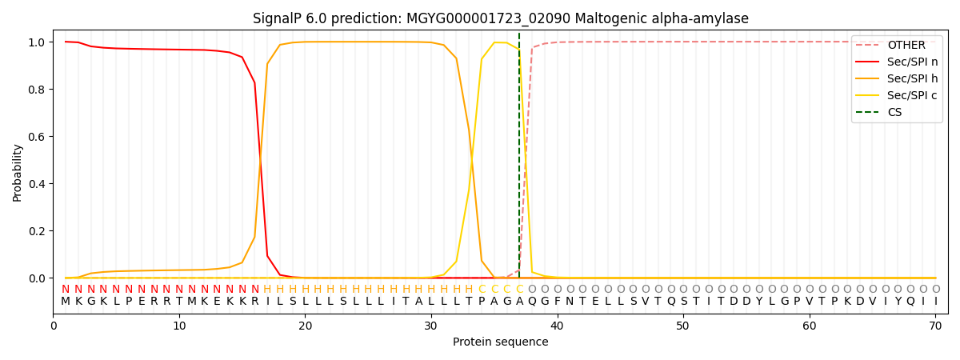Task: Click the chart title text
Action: coord(500,18)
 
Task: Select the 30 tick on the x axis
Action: coord(431,326)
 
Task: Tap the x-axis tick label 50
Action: coord(682,326)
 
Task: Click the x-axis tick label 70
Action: coord(934,326)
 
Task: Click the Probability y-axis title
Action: coord(18,172)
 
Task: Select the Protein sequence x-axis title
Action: coord(500,342)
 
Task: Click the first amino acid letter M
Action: coord(66,302)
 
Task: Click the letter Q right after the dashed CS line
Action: coord(532,302)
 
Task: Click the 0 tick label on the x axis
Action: coord(54,326)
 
